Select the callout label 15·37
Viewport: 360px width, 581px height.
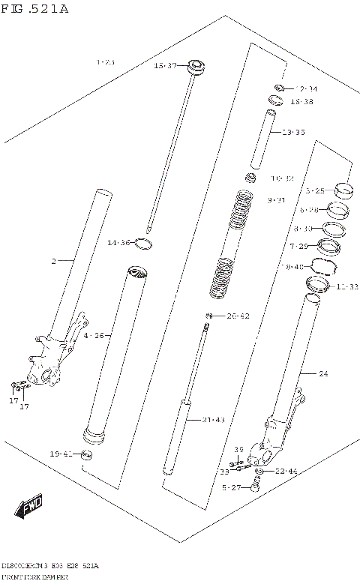pyautogui.click(x=165, y=66)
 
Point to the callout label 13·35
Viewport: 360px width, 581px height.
pyautogui.click(x=293, y=133)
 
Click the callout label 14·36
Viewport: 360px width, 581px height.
pyautogui.click(x=118, y=242)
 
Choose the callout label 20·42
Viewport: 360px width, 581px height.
pyautogui.click(x=237, y=316)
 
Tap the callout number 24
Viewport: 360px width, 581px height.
pyautogui.click(x=323, y=373)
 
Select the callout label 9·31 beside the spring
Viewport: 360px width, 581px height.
pyautogui.click(x=276, y=200)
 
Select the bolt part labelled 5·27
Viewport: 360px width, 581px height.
pyautogui.click(x=256, y=487)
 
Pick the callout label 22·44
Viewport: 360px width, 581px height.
pyautogui.click(x=286, y=471)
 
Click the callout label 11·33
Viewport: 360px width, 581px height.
pyautogui.click(x=347, y=286)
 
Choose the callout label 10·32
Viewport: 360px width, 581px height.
pyautogui.click(x=282, y=178)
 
